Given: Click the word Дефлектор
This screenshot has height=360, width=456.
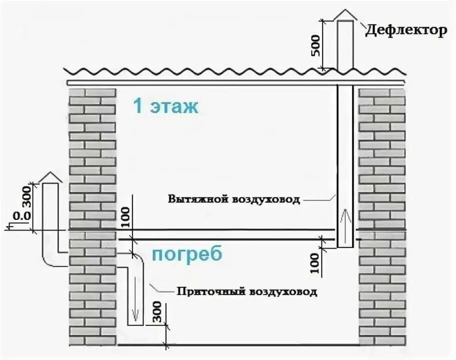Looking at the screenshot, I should pyautogui.click(x=405, y=31).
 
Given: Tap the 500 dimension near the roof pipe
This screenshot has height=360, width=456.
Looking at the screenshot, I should pyautogui.click(x=316, y=45).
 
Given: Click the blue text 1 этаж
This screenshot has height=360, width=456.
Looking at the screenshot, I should pyautogui.click(x=165, y=106).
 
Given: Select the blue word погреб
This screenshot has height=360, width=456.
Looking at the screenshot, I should pyautogui.click(x=186, y=254).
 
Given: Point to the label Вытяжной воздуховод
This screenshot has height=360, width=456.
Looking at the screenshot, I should pyautogui.click(x=234, y=199).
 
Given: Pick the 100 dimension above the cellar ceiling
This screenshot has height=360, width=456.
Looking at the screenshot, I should pyautogui.click(x=124, y=216).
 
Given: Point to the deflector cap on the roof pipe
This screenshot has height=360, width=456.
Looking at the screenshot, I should pyautogui.click(x=345, y=14).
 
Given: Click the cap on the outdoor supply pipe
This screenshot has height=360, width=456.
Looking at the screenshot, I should pyautogui.click(x=50, y=176).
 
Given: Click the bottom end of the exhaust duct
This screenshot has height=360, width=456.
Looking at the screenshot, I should pyautogui.click(x=345, y=246).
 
